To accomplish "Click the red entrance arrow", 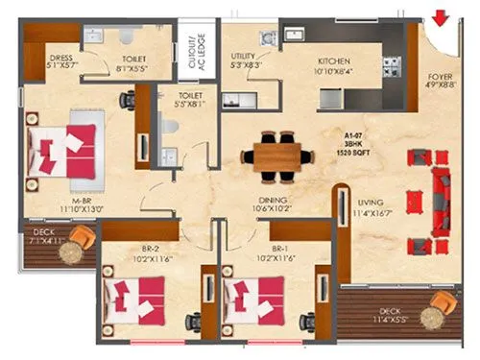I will [x=441, y=17].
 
